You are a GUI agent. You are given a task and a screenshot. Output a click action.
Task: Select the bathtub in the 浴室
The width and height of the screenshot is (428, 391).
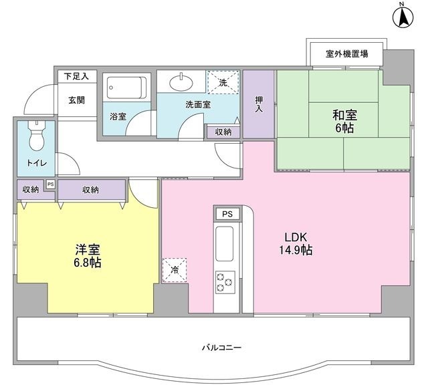tap(126, 88)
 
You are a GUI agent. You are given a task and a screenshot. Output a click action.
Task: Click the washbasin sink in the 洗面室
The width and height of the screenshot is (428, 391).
tap(181, 82)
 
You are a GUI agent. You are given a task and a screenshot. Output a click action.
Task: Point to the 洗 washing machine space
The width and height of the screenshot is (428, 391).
tap(222, 82)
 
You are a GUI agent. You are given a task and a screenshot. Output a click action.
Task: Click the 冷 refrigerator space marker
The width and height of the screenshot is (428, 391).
tap(174, 271)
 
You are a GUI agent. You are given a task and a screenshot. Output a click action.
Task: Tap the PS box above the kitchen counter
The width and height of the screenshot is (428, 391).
tap(227, 214)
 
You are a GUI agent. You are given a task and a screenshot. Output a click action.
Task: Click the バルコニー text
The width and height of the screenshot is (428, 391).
tap(220, 348)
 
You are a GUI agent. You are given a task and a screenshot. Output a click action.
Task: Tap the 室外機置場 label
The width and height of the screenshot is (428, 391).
tap(346, 53)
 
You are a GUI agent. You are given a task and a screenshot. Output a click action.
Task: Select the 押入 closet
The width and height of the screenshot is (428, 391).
tap(259, 104)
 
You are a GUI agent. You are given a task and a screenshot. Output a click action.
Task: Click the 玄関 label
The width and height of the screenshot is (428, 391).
tap(76, 100)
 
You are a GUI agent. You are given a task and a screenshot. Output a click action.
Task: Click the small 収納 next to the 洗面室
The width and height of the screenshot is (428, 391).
tap(223, 132)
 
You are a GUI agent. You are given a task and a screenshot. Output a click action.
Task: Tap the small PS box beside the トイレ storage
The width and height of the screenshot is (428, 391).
tap(50, 185)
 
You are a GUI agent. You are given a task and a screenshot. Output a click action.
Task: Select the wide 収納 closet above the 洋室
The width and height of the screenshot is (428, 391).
tap(91, 190)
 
